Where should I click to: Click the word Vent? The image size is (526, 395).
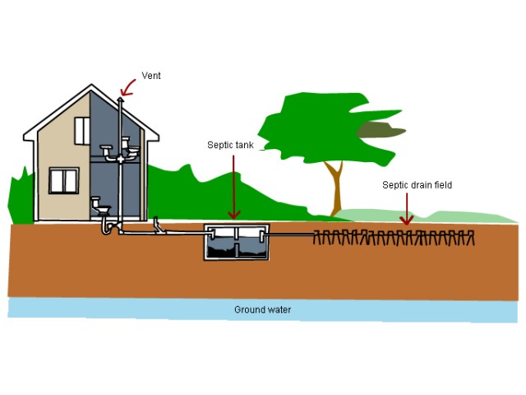[x=151, y=76]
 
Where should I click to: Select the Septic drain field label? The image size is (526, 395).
[x=417, y=185]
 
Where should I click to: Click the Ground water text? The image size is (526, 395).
[x=263, y=310]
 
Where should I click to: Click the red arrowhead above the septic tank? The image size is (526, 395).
[x=233, y=216]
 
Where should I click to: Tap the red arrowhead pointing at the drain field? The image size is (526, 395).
[x=405, y=220]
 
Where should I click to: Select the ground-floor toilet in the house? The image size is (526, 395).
[x=98, y=204]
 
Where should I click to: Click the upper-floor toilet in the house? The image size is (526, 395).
[x=108, y=151]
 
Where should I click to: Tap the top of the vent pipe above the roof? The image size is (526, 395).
[x=122, y=100]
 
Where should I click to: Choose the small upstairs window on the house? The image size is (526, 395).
[x=82, y=129]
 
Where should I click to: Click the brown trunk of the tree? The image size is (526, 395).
[x=335, y=189]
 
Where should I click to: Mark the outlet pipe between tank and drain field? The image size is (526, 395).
[x=291, y=235]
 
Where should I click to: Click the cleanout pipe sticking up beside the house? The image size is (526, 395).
[x=157, y=222]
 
